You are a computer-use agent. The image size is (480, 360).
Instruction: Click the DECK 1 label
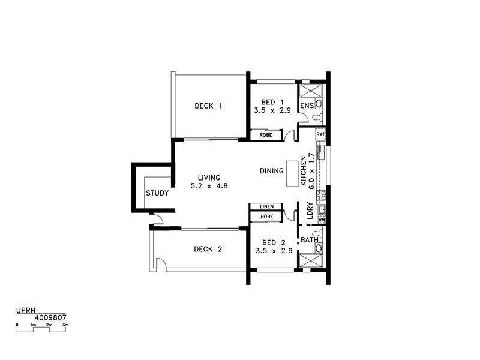(208, 106)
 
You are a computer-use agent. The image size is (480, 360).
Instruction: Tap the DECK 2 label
(208, 250)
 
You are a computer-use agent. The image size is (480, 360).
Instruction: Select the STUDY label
(157, 193)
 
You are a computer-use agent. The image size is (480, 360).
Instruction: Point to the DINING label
(271, 171)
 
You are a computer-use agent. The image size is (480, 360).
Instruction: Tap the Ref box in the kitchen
(320, 134)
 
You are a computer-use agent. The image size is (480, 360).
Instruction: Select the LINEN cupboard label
(266, 207)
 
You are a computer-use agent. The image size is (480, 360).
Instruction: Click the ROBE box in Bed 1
(266, 135)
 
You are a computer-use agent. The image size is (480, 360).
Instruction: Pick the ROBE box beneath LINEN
(266, 216)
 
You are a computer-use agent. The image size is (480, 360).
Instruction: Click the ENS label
(307, 106)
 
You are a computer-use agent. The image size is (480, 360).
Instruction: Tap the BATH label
(309, 240)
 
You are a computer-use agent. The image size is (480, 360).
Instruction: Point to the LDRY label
(309, 214)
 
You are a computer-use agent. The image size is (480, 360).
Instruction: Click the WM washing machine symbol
(321, 220)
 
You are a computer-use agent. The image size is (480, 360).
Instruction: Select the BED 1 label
(272, 103)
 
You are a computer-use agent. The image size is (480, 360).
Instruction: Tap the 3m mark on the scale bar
(65, 325)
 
